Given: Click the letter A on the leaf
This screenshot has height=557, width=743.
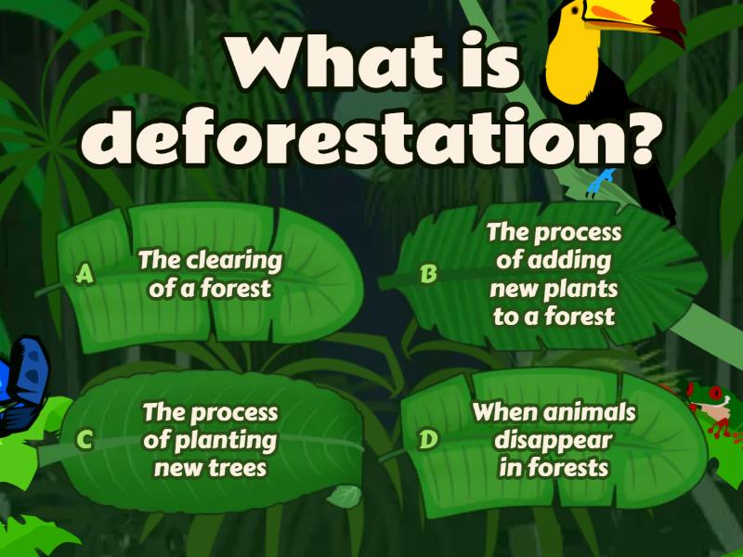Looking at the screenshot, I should (85, 274).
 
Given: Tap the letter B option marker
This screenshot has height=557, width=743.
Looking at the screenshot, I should (428, 274).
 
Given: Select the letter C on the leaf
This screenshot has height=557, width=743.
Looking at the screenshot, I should (85, 440).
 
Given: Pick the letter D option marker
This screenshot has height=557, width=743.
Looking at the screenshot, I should (427, 440).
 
